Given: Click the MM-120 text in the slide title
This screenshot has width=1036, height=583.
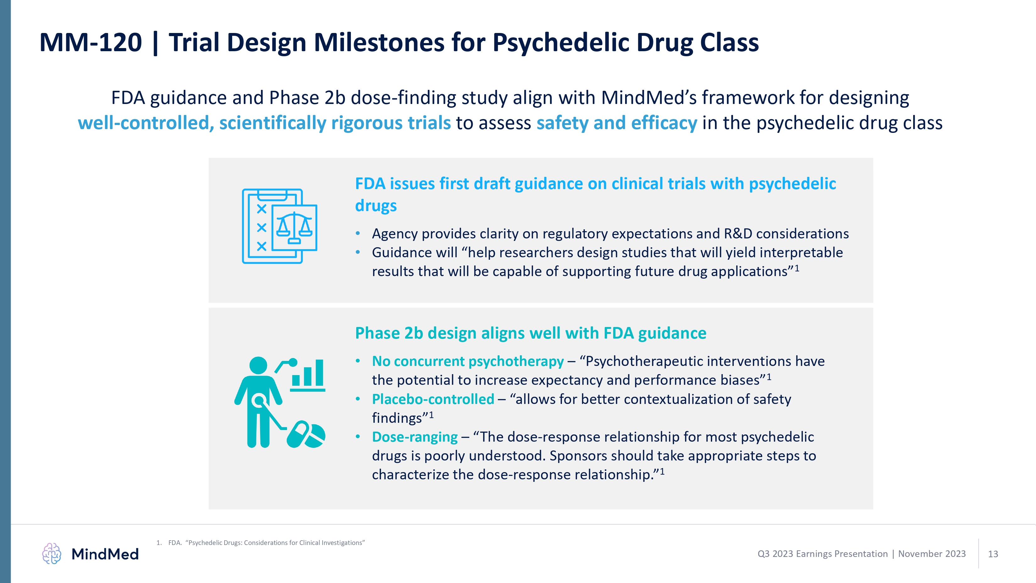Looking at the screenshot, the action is (x=91, y=42).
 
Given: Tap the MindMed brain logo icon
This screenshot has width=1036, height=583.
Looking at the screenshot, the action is (x=52, y=554).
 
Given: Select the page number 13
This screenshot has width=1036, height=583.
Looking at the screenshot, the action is (x=993, y=554).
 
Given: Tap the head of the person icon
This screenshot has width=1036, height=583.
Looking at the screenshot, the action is (x=258, y=365).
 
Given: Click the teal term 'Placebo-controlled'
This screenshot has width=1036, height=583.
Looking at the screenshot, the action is (x=433, y=399).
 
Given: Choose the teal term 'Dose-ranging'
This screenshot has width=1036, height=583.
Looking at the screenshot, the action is (x=415, y=437).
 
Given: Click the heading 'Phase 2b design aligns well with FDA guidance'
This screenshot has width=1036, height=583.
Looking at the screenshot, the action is (x=531, y=333).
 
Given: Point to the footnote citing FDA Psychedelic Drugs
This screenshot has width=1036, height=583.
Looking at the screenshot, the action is (x=261, y=543).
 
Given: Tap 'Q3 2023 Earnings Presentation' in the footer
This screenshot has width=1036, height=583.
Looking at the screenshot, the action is (x=822, y=554).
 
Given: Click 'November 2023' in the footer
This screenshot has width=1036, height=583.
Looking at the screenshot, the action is (x=932, y=554).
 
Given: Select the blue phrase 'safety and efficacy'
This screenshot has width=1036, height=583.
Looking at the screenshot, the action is (x=617, y=123).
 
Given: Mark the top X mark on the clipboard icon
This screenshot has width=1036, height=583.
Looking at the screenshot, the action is (x=262, y=209).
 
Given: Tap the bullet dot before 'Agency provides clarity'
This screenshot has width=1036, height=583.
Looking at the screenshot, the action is (x=357, y=234).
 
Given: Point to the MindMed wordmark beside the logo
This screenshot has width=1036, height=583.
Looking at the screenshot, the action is (x=105, y=554).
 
